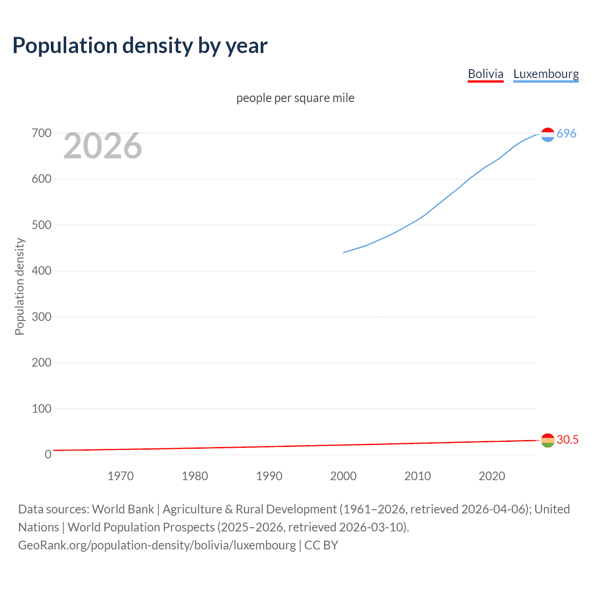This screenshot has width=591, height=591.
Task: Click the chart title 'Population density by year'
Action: (140, 46)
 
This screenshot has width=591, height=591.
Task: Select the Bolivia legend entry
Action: (485, 74)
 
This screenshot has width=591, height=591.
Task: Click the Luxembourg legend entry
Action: (546, 74)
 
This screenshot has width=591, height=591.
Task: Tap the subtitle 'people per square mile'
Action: (295, 98)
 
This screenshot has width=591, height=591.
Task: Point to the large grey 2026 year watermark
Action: (103, 146)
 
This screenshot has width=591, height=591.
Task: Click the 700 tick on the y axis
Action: (42, 133)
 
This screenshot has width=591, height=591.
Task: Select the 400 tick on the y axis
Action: (42, 271)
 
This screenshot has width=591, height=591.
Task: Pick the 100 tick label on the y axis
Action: (42, 409)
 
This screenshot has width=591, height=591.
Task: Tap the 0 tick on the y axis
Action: (48, 454)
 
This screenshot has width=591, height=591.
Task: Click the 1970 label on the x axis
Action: (121, 476)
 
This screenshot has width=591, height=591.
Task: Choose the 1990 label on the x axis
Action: (269, 476)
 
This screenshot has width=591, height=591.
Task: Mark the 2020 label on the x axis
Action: (492, 476)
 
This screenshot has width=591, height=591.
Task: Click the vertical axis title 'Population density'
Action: (19, 286)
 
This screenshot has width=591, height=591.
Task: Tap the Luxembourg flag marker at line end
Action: (548, 134)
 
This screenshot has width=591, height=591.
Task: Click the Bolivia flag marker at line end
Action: (548, 440)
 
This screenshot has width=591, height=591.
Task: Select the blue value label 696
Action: (567, 133)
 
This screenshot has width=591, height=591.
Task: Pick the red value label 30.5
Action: (567, 440)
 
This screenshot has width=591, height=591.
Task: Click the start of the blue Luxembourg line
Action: (344, 253)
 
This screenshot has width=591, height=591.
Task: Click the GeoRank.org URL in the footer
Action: (157, 545)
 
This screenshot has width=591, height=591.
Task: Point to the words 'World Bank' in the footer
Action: (123, 509)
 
